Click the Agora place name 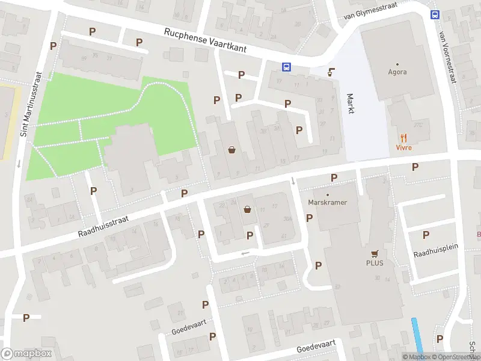pyautogui.click(x=397, y=72)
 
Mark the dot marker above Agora pyautogui.click(x=397, y=63)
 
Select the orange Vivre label pyautogui.click(x=403, y=148)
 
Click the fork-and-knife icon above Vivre pyautogui.click(x=403, y=138)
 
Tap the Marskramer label pyautogui.click(x=328, y=203)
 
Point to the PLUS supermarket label pyautogui.click(x=375, y=263)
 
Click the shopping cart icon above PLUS pyautogui.click(x=375, y=253)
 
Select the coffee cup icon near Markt pyautogui.click(x=331, y=72)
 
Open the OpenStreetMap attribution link pyautogui.click(x=455, y=357)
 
